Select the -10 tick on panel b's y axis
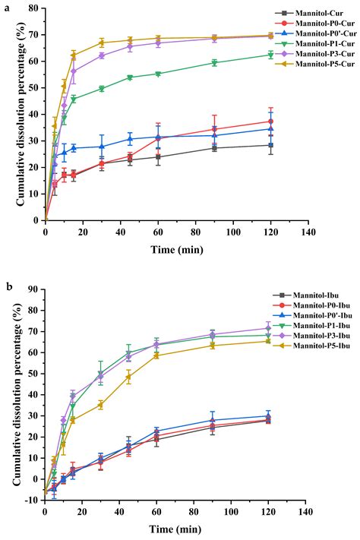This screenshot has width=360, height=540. (x=34, y=501)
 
